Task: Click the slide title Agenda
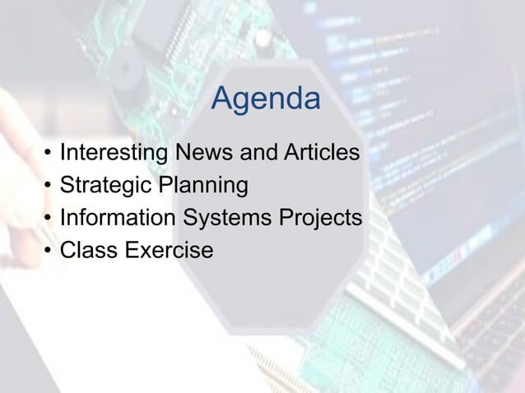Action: pyautogui.click(x=265, y=101)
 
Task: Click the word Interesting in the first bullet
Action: pyautogui.click(x=111, y=153)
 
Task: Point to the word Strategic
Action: pyautogui.click(x=103, y=186)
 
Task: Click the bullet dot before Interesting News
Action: pyautogui.click(x=49, y=155)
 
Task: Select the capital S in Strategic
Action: pyautogui.click(x=67, y=186)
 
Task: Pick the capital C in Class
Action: pyautogui.click(x=68, y=251)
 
